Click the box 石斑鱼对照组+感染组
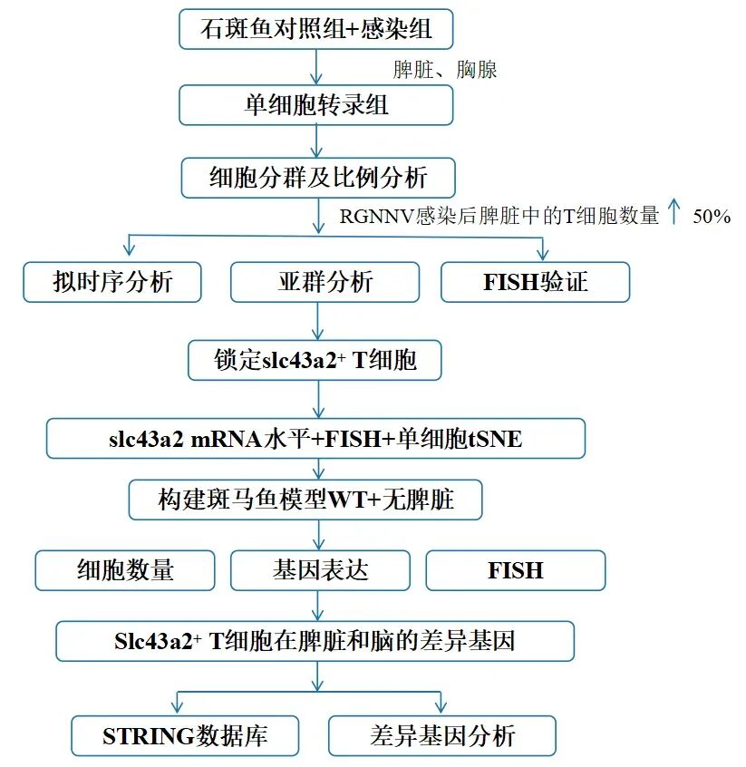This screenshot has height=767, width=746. [x=316, y=29]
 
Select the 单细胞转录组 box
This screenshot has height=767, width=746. [x=316, y=104]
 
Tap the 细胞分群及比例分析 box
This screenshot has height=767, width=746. [x=317, y=178]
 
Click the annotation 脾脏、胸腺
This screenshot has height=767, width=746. [x=444, y=70]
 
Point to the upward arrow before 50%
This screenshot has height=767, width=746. [x=673, y=214]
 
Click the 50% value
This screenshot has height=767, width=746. [x=712, y=217]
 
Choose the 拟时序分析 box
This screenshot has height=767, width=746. [x=112, y=282]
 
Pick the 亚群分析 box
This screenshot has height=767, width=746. [x=325, y=282]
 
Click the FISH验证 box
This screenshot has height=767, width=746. [x=535, y=282]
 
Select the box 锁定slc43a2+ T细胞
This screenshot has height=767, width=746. [x=315, y=360]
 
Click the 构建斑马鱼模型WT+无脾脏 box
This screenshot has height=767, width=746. [x=316, y=500]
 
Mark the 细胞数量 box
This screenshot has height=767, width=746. [x=125, y=570]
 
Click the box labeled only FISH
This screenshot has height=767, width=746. [x=515, y=570]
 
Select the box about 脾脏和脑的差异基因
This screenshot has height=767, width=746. [x=315, y=641]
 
